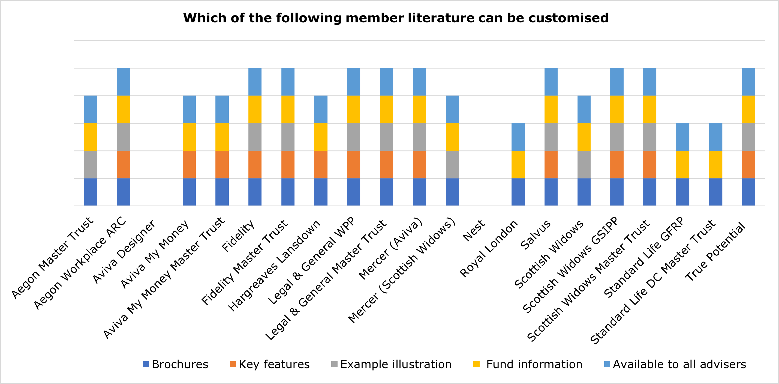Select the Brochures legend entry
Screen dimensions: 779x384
coord(175,364)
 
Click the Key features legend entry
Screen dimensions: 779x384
coord(269,364)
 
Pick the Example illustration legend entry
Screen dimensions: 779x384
coord(391,364)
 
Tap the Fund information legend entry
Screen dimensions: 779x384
coord(528,364)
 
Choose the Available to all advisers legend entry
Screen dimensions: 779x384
coord(675,364)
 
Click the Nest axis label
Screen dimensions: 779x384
coord(474,231)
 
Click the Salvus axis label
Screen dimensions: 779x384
coord(536,235)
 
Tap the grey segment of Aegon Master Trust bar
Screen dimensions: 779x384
coord(91,165)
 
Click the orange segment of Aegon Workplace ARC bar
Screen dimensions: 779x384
coord(124,165)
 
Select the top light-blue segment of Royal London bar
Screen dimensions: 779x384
coord(518,137)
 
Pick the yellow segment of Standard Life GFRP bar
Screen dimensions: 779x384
coord(682,165)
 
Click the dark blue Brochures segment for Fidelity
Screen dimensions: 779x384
coord(255,192)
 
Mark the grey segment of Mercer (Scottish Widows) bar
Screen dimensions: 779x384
coord(452,165)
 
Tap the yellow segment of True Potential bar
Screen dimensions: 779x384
coord(748,109)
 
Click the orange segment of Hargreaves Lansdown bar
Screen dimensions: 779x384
coord(321,165)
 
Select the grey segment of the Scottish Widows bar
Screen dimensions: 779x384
coord(584,165)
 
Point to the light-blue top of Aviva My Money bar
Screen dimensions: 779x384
coord(189,109)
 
